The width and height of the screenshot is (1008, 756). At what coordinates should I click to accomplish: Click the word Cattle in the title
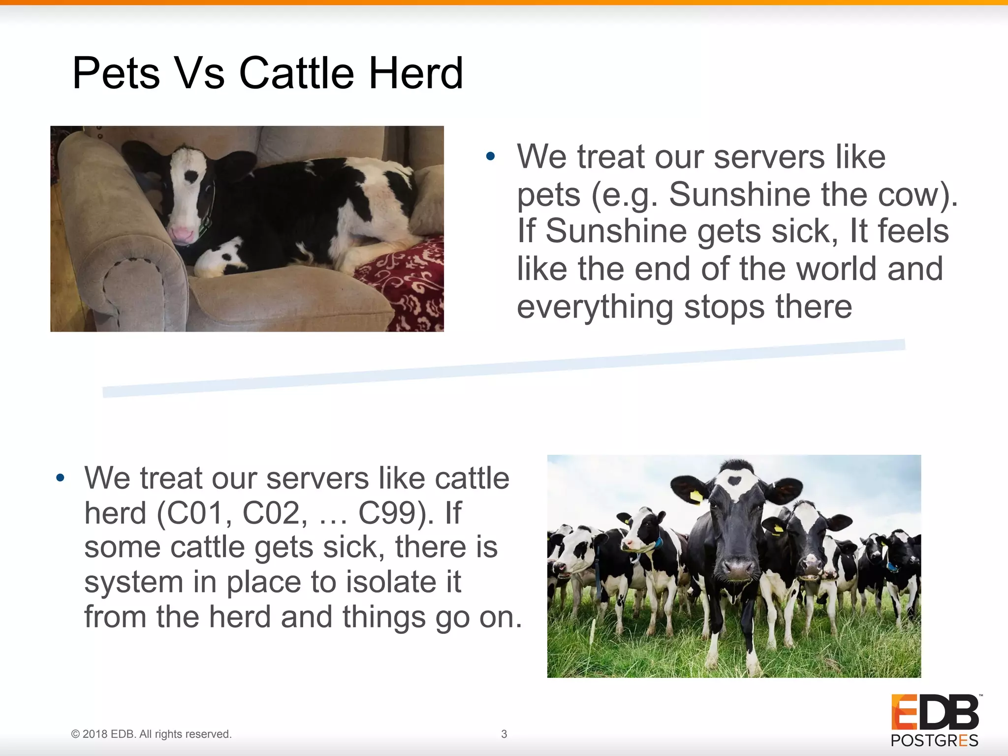click(x=296, y=73)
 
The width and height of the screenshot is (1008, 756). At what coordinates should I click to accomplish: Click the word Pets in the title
click(x=116, y=73)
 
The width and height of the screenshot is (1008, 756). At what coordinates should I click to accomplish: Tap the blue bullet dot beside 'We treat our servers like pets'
click(x=490, y=157)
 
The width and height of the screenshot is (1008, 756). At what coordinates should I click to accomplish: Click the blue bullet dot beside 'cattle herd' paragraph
click(x=60, y=478)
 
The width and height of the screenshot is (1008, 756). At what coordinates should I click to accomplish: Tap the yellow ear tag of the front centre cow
click(x=696, y=496)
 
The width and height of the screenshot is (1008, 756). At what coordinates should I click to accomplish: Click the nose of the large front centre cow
click(x=737, y=569)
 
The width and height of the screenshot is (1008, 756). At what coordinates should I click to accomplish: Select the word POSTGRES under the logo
click(x=934, y=740)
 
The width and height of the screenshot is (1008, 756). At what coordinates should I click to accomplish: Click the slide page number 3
click(x=504, y=734)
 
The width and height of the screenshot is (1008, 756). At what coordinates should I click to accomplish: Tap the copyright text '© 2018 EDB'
click(x=103, y=734)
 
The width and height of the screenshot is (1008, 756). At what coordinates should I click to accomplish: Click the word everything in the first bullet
click(x=595, y=307)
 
